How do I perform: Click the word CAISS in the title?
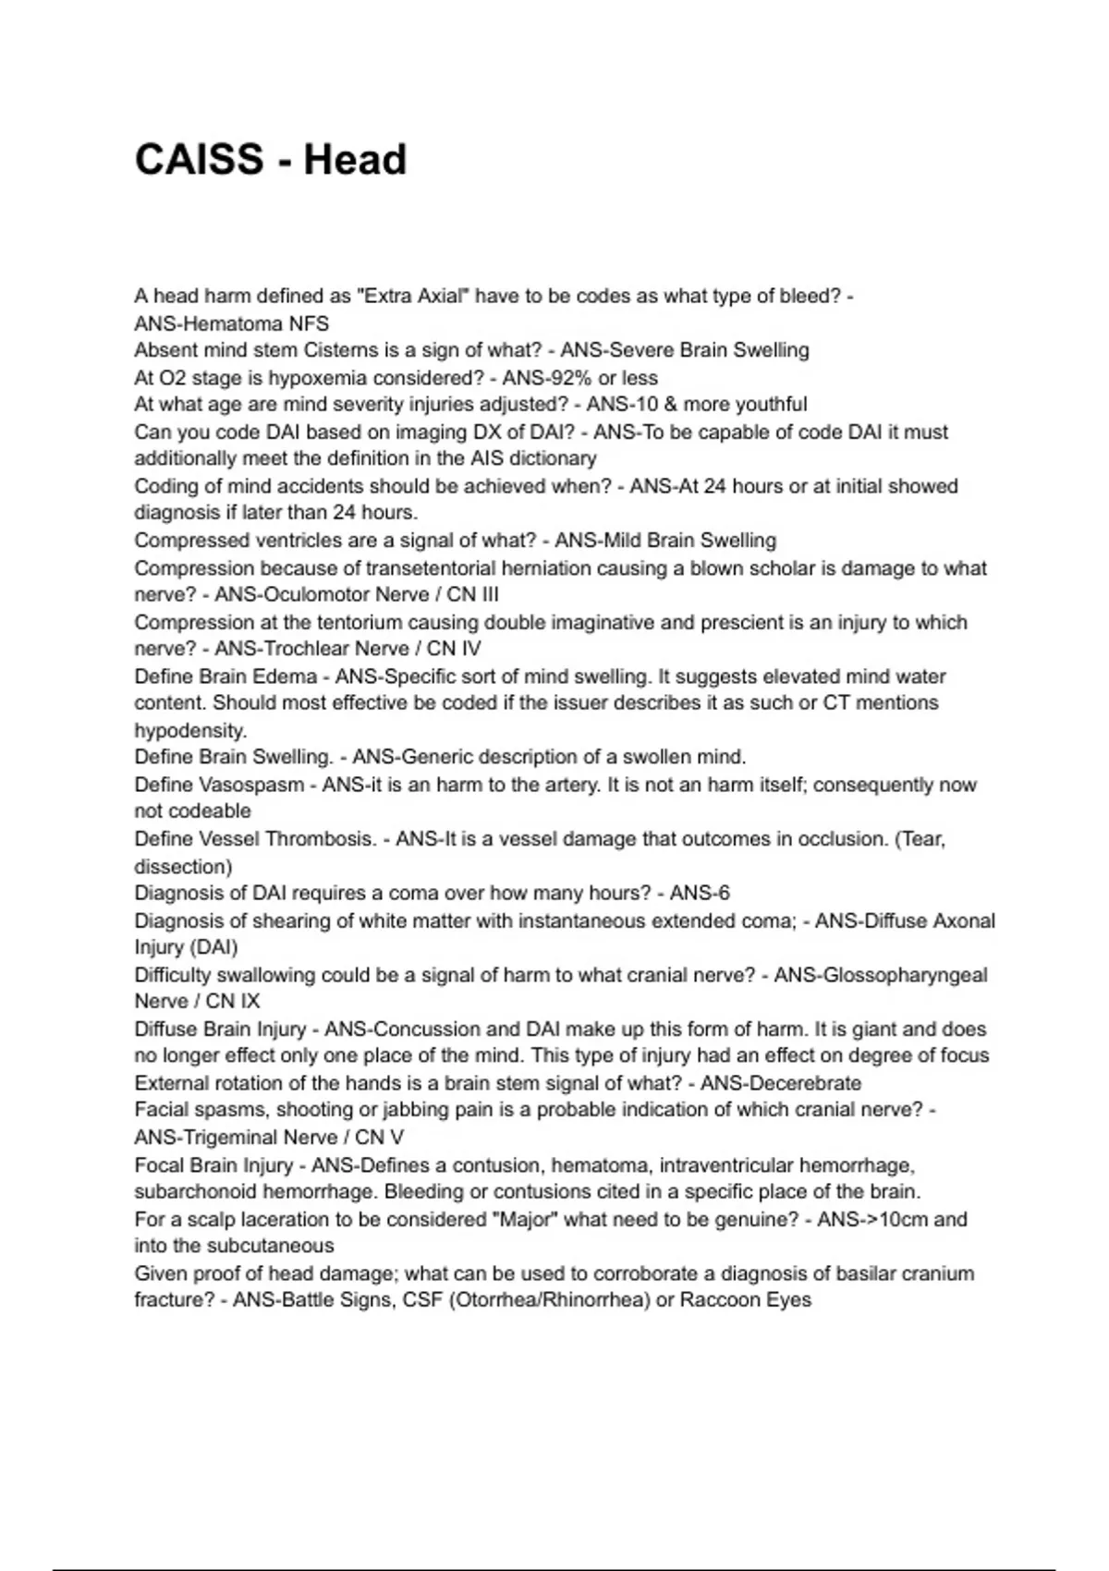pos(199,160)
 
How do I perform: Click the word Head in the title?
pos(355,160)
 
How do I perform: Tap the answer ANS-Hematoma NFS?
pos(231,323)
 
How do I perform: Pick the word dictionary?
pos(553,458)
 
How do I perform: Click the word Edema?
pos(286,676)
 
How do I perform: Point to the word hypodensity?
pos(189,730)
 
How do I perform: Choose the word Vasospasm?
pos(251,785)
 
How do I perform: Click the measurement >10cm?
pos(902,1220)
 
